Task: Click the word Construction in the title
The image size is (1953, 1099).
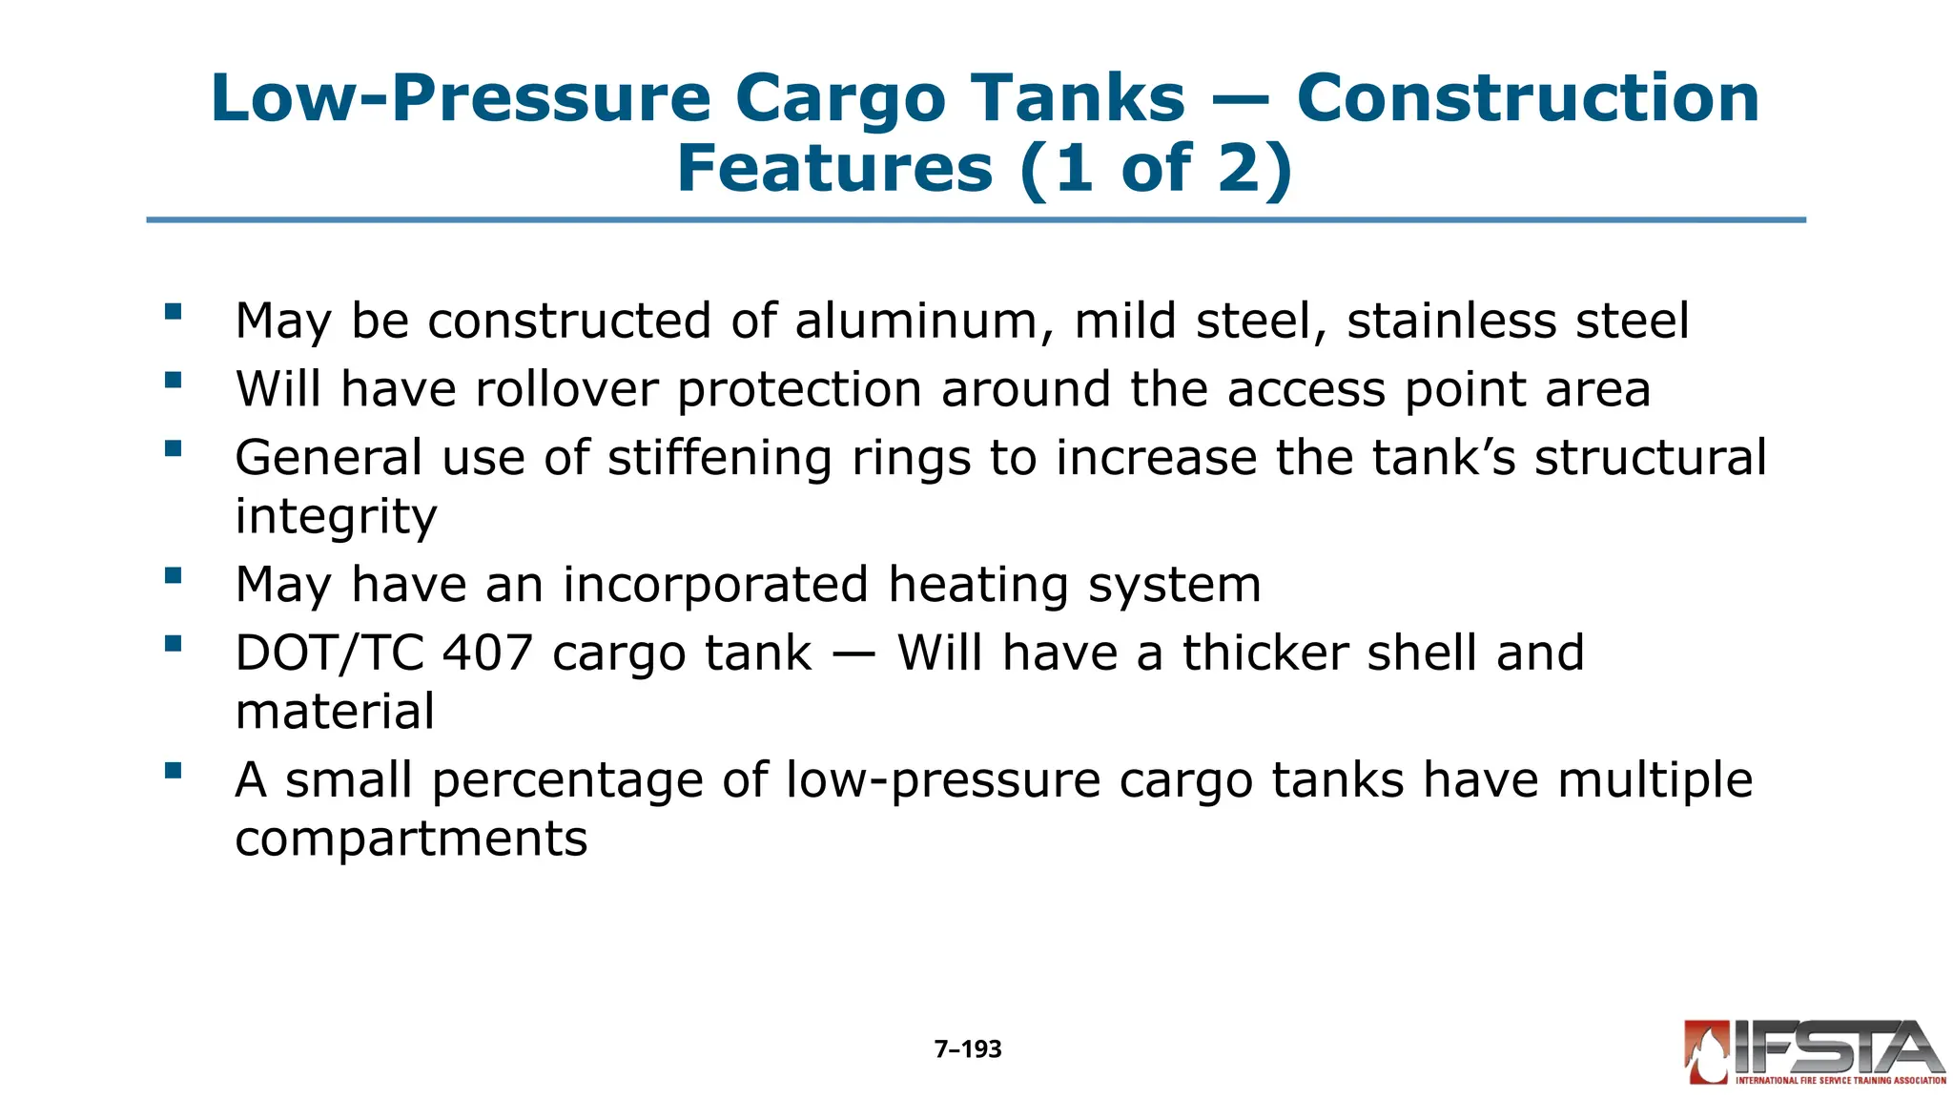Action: pyautogui.click(x=1528, y=98)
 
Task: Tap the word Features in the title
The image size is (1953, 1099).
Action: pyautogui.click(x=834, y=169)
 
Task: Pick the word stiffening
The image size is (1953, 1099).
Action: pyautogui.click(x=720, y=458)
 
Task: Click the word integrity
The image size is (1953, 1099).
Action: pyautogui.click(x=336, y=517)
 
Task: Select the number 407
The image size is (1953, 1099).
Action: pyautogui.click(x=486, y=653)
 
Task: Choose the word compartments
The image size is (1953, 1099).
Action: pyautogui.click(x=411, y=839)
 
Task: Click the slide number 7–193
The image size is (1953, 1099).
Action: pyautogui.click(x=968, y=1049)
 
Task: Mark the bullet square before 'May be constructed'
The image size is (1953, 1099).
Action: pyautogui.click(x=173, y=311)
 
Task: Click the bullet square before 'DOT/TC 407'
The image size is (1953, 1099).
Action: pyautogui.click(x=173, y=644)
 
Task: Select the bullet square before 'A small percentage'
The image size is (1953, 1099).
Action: pyautogui.click(x=173, y=771)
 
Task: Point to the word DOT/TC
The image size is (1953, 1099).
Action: pyautogui.click(x=329, y=653)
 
